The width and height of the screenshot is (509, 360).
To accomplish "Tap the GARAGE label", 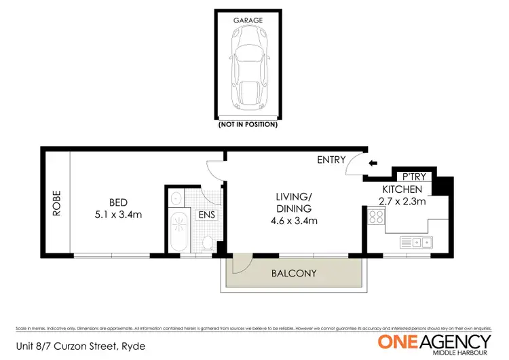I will [248, 20].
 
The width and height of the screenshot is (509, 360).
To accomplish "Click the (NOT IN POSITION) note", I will [248, 125].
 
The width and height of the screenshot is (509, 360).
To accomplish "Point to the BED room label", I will [119, 202].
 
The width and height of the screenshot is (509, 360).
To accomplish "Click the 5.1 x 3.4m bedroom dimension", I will [119, 215].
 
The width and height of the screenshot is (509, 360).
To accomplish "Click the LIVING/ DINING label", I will [293, 202].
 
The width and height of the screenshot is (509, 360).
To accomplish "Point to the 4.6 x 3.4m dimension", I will [293, 221].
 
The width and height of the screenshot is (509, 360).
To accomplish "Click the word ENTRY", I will [331, 160].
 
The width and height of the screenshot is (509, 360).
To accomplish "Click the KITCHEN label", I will [402, 189].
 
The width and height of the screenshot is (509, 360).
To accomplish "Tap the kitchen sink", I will [416, 242].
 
